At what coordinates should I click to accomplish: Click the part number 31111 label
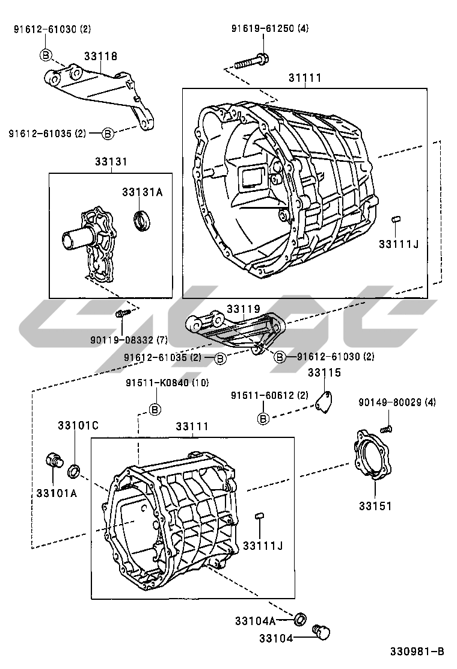point(304,78)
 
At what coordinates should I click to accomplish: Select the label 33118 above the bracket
point(100,56)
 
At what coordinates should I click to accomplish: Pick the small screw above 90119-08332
point(121,313)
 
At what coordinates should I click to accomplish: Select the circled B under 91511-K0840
point(155,410)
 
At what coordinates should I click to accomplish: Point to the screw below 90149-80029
point(387,429)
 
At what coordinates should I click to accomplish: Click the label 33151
point(375,506)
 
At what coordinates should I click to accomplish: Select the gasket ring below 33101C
point(74,471)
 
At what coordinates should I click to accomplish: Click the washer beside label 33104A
point(299,618)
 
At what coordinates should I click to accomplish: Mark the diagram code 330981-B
point(416,651)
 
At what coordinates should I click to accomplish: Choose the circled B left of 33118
point(47,55)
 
